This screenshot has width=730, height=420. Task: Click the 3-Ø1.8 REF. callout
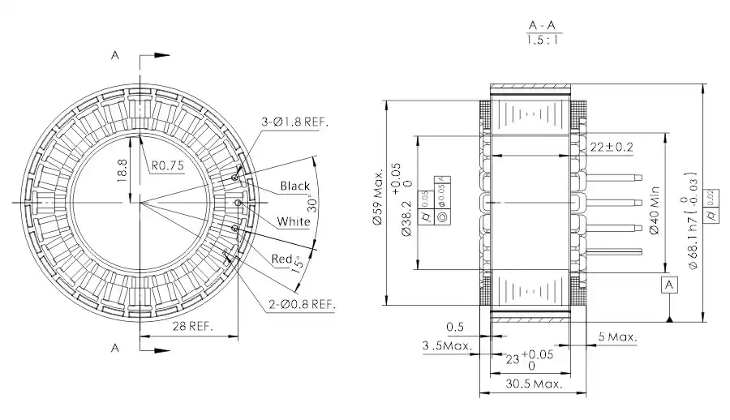tap(294, 122)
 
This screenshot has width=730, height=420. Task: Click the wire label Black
tap(295, 186)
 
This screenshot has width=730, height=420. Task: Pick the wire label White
tap(293, 221)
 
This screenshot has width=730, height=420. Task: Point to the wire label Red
tap(281, 259)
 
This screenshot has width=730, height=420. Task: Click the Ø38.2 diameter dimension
tap(406, 219)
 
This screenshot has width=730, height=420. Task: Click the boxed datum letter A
tap(669, 285)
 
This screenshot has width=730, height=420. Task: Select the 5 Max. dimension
tap(617, 336)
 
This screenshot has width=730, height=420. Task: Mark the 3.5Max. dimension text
tap(447, 346)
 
